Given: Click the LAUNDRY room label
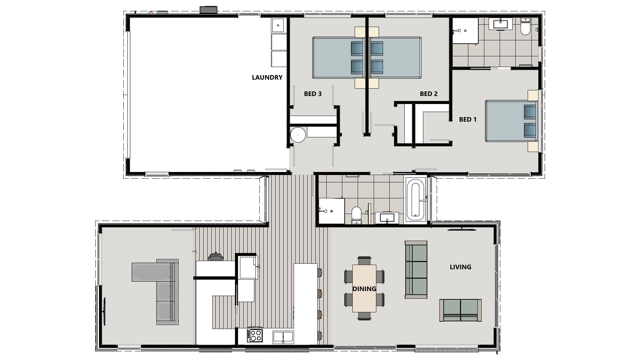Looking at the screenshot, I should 267,77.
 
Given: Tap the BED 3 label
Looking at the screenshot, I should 313,94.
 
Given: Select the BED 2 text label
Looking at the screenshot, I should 428,94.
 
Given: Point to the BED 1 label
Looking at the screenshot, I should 468,119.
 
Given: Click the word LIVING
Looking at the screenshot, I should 460,267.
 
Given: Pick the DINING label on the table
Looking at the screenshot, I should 364,289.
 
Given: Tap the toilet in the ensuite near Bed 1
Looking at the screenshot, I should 525,27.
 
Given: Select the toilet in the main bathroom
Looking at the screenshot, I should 356,215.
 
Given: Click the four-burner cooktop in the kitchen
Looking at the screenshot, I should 255,335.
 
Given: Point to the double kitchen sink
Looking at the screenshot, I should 283,337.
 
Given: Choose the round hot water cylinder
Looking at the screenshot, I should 298,135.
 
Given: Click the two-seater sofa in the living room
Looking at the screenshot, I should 460,310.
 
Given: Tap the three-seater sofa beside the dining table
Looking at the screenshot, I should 416,269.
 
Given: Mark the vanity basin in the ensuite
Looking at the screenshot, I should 500,24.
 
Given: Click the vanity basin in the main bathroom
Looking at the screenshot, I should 387,218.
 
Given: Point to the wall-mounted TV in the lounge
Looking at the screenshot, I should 105,311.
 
